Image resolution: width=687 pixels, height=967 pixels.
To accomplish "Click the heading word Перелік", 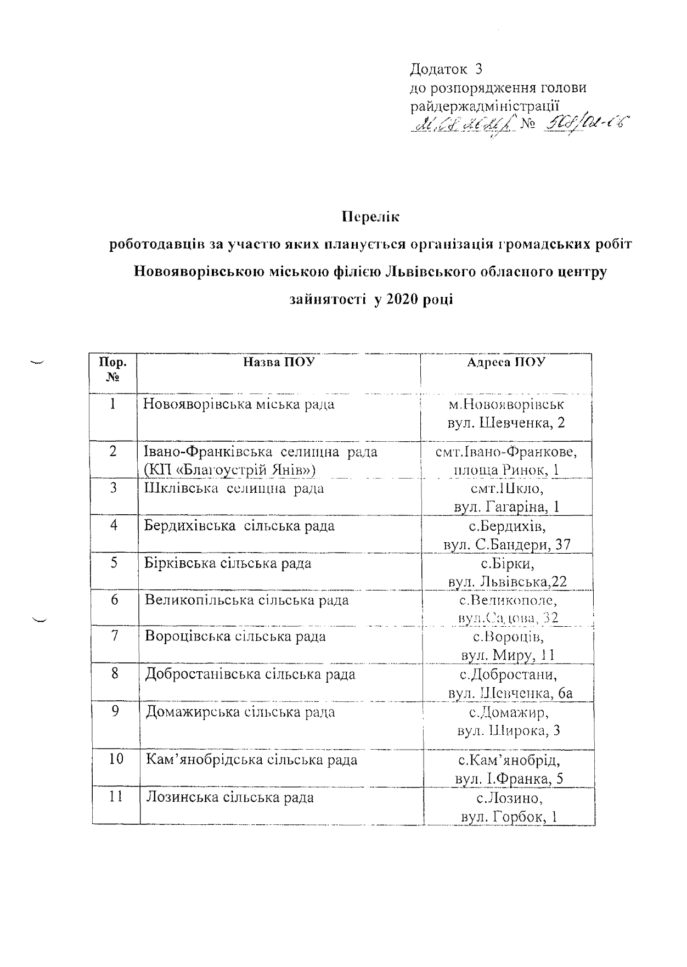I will tap(370, 217).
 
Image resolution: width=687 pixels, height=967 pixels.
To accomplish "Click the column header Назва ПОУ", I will tap(279, 362).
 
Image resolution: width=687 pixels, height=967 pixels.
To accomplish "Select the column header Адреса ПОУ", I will tap(506, 362).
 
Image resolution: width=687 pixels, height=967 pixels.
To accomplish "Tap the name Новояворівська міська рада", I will tap(239, 404).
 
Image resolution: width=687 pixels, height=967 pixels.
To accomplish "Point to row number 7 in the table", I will tap(114, 637).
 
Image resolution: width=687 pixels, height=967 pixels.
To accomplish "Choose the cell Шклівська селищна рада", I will tap(234, 488).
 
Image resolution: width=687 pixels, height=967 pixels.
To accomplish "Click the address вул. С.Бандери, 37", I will tap(508, 544).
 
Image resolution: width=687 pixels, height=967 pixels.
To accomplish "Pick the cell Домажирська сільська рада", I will tap(240, 712).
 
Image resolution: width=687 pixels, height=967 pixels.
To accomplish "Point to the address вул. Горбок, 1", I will tap(509, 817).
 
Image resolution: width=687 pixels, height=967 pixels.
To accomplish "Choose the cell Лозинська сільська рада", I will tap(229, 797).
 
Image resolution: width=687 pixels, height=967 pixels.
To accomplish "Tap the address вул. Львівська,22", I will tap(508, 582).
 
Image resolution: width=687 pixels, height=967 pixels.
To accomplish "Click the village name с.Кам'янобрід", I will tap(508, 761).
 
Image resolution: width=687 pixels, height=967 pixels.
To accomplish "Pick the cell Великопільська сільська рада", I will tap(246, 600).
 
